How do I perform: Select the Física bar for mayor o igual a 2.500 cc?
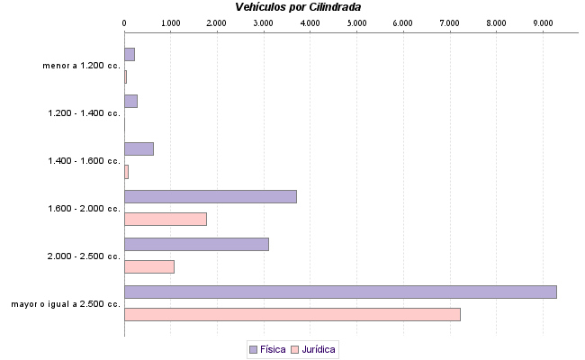340,292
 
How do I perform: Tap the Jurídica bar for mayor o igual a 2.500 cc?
292,314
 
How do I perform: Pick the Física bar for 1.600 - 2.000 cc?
210,196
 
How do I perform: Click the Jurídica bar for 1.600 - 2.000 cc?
165,219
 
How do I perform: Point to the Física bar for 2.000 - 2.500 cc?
196,244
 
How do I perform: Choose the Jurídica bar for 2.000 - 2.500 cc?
148,266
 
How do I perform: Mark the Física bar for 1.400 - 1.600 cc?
139,148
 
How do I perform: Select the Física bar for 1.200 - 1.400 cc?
130,101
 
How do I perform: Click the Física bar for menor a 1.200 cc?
129,54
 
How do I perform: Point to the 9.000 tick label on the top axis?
542,22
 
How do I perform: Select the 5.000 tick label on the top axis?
355,22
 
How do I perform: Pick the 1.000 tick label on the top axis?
170,22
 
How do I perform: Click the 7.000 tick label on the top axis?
449,22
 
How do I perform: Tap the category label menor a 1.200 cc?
81,66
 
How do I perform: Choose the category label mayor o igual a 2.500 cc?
66,304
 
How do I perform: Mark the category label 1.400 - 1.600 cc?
84,161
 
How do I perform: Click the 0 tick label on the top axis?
124,22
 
